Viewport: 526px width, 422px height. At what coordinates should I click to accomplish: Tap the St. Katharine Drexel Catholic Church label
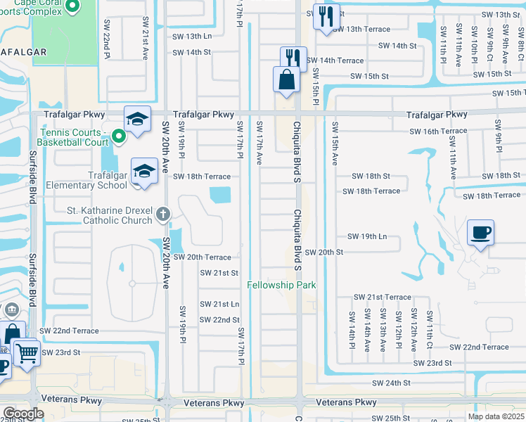coord(109,215)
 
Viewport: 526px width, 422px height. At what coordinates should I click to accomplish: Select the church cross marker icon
coord(163,213)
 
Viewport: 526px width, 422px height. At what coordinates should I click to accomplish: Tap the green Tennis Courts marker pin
coord(119,136)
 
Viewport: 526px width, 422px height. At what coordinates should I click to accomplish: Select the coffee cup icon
coord(480,233)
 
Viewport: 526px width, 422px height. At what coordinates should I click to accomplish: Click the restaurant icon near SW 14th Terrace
coord(293,58)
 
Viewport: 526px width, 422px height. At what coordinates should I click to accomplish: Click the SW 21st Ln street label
coord(219,304)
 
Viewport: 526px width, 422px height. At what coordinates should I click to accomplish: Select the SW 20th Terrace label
coord(202,257)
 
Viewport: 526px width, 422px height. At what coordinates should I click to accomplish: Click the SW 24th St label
coord(392,383)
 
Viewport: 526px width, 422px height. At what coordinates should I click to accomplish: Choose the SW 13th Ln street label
coord(192,36)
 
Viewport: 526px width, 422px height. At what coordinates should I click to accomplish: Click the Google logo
coord(23,414)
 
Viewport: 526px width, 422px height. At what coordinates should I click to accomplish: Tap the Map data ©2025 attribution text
coord(496,416)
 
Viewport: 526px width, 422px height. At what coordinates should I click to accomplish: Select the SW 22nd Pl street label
coord(106,39)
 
